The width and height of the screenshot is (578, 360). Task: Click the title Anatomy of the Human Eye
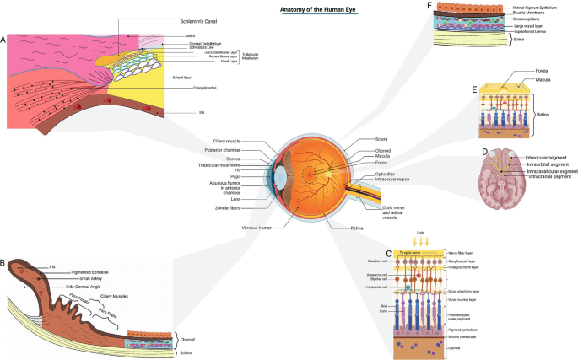click(x=313, y=10)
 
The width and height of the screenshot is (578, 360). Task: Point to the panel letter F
click(x=429, y=7)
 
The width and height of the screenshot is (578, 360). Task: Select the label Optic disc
click(x=387, y=174)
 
